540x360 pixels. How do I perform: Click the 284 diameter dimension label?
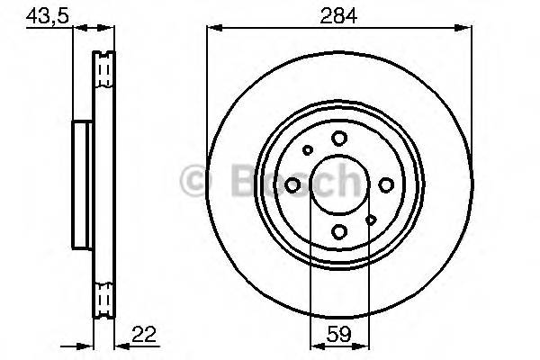pos(339,15)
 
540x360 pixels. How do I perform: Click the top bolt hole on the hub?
pos(339,138)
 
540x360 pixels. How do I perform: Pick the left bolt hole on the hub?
pos(292,184)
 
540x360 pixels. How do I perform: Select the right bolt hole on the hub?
pos(385,184)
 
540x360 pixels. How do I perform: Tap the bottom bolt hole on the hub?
pos(339,231)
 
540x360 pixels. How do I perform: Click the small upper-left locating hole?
pos(307,151)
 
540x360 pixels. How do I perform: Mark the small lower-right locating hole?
pos(371,219)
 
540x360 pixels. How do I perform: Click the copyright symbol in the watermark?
pos(193,182)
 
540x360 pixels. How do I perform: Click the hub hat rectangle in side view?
pos(82,184)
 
